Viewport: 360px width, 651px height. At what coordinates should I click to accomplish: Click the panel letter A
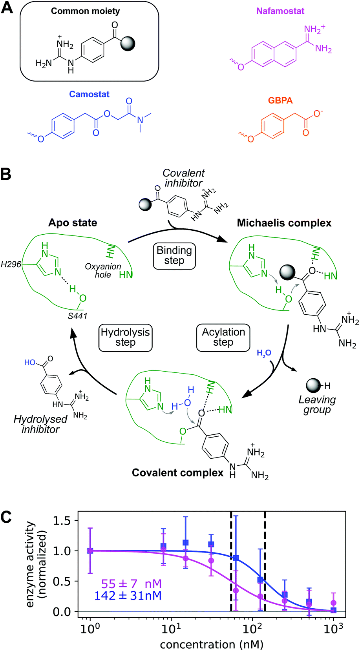[7, 8]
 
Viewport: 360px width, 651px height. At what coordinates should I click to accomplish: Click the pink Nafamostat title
[280, 11]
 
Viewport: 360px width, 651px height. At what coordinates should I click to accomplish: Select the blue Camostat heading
[89, 94]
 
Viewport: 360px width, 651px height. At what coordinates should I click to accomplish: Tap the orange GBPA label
[280, 100]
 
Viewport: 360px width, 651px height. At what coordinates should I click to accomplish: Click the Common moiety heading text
[85, 11]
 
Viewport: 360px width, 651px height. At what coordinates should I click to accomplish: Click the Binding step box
[174, 255]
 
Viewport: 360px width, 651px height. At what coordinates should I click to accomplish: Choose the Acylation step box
[223, 337]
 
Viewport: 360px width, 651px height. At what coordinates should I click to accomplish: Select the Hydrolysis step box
[125, 337]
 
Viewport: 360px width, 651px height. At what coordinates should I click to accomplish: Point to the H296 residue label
[11, 264]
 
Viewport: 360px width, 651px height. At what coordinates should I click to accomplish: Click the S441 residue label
[77, 316]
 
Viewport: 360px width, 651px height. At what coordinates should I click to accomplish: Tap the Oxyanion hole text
[103, 270]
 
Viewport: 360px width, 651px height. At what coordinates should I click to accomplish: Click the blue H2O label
[264, 354]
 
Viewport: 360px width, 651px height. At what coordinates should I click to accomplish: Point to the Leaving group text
[317, 405]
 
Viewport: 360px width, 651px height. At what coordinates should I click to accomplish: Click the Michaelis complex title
[284, 223]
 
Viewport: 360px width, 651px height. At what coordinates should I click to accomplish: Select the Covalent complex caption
[177, 472]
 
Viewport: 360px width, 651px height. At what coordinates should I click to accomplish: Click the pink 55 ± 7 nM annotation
[131, 584]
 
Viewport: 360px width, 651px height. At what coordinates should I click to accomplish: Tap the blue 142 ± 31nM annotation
[128, 596]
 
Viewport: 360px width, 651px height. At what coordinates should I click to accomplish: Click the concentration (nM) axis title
[211, 644]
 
